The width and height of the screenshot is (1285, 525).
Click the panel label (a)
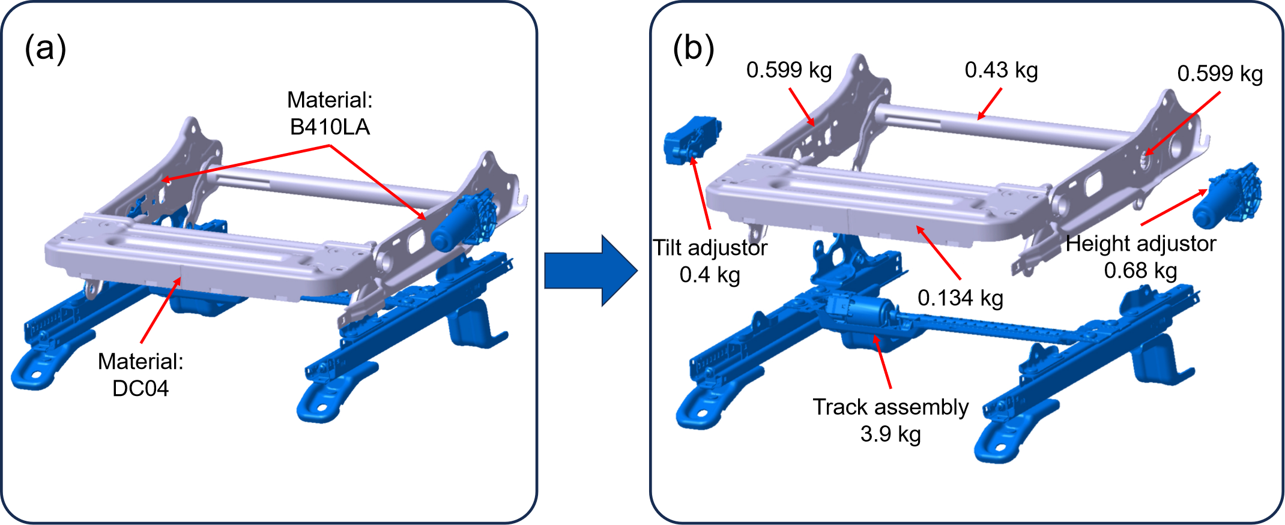pos(45,48)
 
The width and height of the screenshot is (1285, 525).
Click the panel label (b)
pos(694,48)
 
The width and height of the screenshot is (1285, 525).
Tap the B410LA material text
pos(330,127)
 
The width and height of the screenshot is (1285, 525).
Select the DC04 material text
pos(141,388)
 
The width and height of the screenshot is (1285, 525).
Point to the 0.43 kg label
pos(1001,70)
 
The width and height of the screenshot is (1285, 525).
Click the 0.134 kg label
pos(960,298)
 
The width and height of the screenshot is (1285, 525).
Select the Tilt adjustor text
pos(710,248)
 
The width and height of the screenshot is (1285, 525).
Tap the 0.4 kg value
pos(710,275)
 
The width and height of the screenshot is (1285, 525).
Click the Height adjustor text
pos(1140,244)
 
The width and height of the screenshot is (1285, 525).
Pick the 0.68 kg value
pos(1140,271)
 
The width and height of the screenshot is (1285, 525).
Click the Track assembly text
pos(890,407)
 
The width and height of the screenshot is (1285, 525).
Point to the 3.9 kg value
pos(890,434)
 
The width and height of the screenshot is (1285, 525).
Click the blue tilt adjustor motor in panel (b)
pos(691,139)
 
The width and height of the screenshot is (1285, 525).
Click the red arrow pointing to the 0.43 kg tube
pos(990,104)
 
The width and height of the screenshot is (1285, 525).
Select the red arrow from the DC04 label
pos(161,310)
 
